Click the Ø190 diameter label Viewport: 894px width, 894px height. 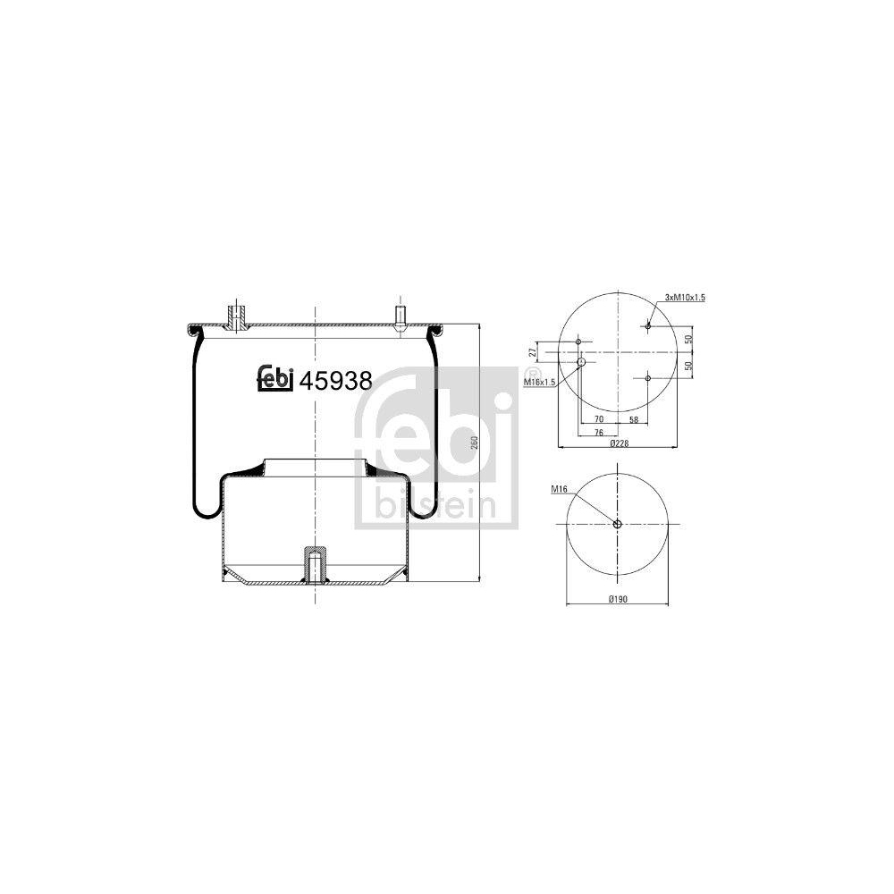[x=617, y=600]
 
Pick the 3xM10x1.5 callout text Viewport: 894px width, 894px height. [x=685, y=298]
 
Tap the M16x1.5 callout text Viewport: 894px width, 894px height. [x=540, y=382]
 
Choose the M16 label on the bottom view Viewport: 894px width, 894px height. [x=561, y=489]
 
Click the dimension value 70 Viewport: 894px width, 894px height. [x=598, y=418]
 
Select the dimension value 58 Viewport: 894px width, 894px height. [x=632, y=418]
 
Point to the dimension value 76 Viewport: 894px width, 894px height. [x=598, y=432]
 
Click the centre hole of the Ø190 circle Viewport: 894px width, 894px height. [x=617, y=524]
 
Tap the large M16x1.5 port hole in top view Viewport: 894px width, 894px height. [x=581, y=363]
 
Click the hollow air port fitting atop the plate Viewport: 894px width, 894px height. [x=238, y=316]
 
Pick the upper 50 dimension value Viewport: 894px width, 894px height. [x=688, y=340]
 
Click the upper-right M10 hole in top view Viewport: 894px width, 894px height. [x=648, y=326]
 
